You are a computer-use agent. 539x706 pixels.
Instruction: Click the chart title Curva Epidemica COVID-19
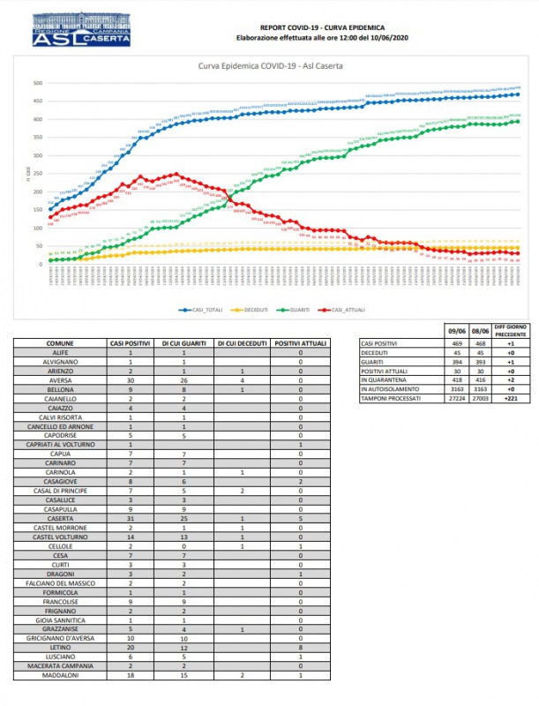pyautogui.click(x=271, y=66)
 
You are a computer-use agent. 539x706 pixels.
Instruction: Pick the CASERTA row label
pyautogui.click(x=59, y=518)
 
